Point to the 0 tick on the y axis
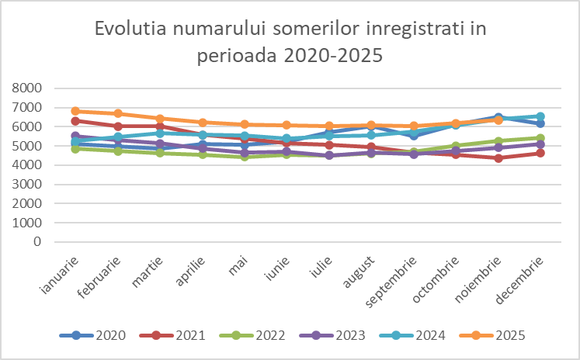point(36,241)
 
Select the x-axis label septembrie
point(396,282)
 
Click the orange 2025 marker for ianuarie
point(76,111)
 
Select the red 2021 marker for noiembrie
point(498,157)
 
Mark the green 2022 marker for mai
point(245,156)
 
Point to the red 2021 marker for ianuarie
point(76,120)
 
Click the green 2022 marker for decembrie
point(540,138)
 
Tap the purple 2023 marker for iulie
point(329,155)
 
